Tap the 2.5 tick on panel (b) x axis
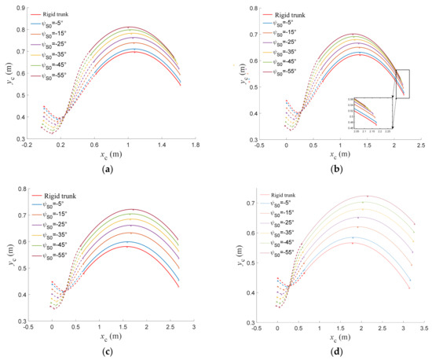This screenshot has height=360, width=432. click(420, 146)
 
